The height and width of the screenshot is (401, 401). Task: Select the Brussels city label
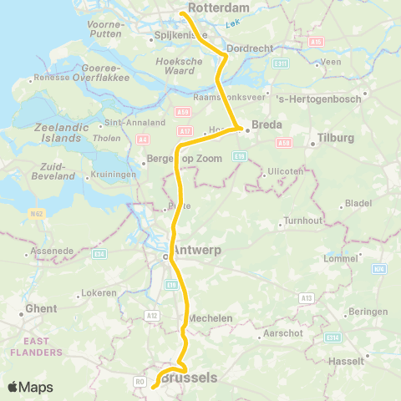pos(189,378)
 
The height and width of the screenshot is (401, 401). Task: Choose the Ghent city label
pos(41,309)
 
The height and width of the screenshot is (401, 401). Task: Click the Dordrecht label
pos(249,48)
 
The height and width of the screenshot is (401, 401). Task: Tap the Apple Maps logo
pos(30,387)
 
